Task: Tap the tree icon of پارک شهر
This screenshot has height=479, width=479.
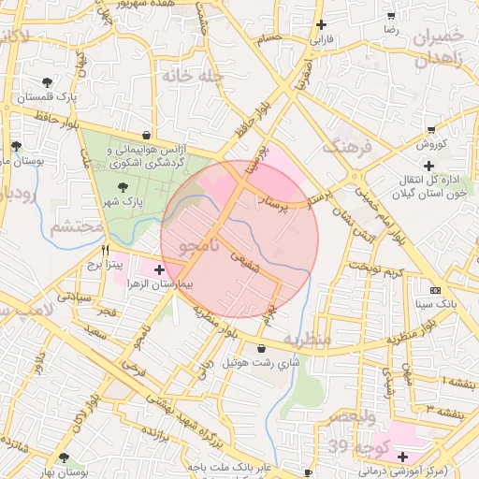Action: tap(113, 188)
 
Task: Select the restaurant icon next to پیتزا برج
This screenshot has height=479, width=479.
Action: tap(105, 251)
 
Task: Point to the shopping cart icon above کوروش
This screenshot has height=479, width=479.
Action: tap(430, 130)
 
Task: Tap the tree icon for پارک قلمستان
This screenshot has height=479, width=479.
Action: tap(47, 83)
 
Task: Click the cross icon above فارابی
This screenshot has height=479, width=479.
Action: tap(322, 25)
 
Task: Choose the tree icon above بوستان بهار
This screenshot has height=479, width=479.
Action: tap(63, 457)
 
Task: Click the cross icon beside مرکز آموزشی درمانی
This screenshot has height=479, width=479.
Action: tap(402, 457)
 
